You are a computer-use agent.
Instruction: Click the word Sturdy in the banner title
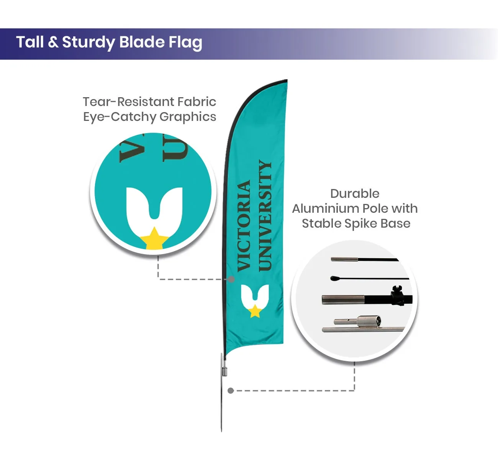88,42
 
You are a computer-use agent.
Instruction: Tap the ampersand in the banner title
53,42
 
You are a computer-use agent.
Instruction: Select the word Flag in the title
185,42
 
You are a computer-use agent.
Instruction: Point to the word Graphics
188,117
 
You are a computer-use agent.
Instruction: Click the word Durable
355,194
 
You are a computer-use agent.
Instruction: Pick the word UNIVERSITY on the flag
265,215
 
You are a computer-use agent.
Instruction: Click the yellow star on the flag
255,311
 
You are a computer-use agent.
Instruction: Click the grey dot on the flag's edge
231,279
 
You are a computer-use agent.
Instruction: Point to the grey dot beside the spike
231,391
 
